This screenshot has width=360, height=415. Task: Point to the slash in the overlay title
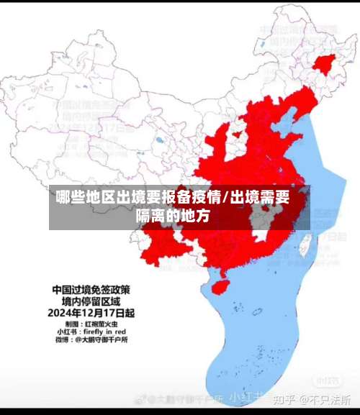point(227,197)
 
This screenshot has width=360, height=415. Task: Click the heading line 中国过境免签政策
point(91,291)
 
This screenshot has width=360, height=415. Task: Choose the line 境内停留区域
point(91,302)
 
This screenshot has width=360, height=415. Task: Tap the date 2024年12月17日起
point(91,314)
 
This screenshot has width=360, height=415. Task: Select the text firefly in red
point(106,332)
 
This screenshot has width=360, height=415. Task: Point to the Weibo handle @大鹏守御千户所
point(100,339)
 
